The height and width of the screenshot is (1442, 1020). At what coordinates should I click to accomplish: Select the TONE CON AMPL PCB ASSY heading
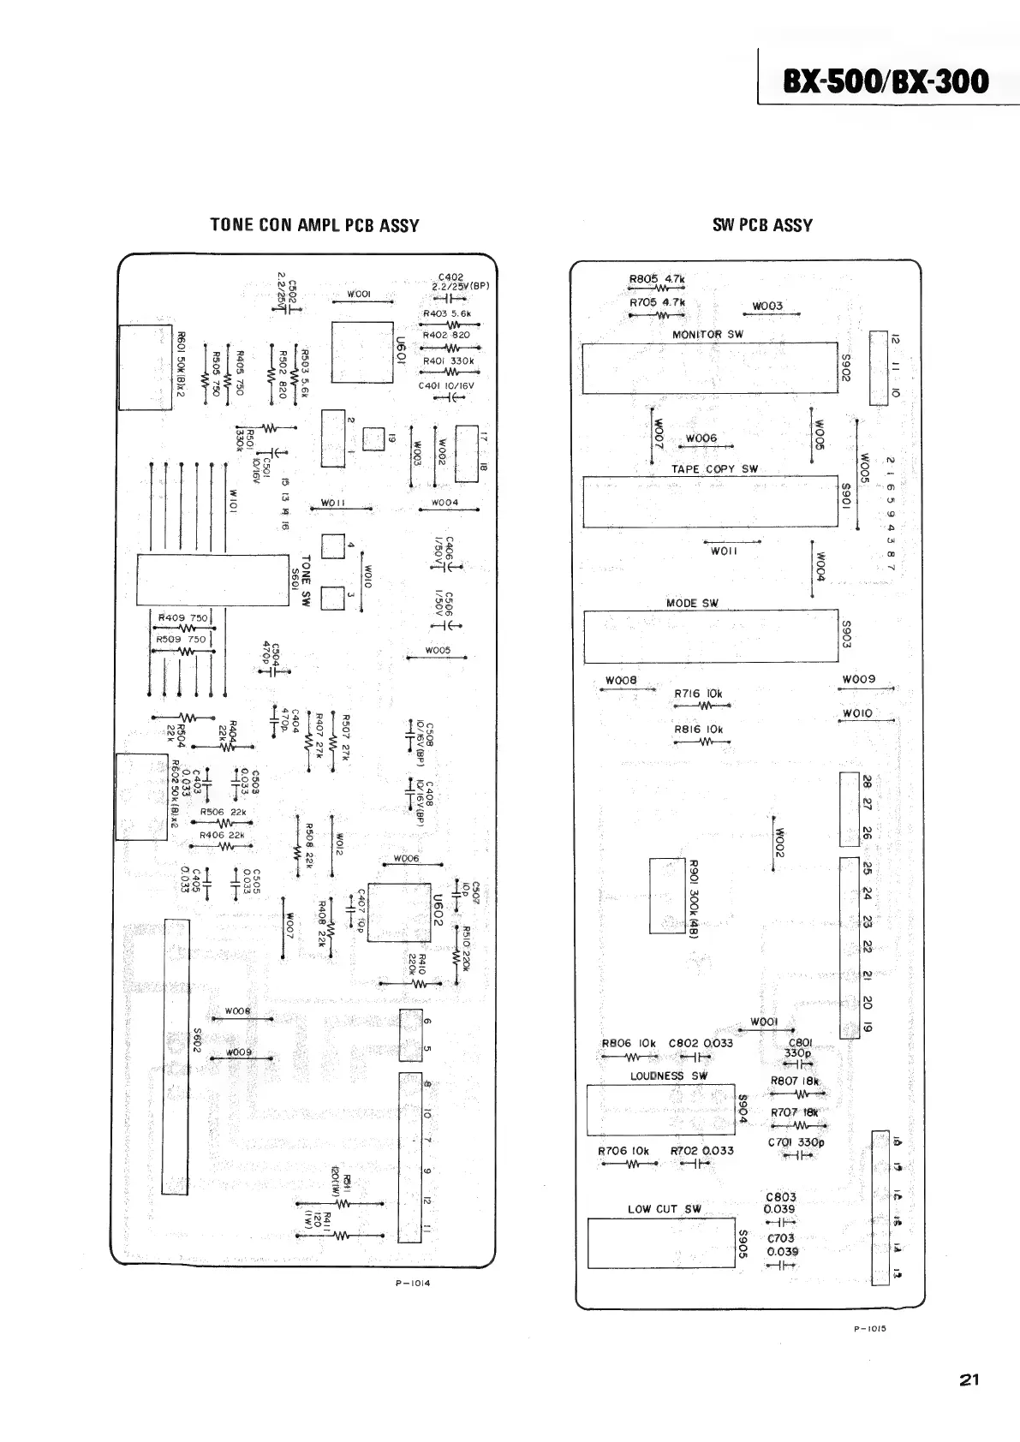[314, 225]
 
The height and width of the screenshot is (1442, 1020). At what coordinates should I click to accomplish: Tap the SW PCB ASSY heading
[762, 225]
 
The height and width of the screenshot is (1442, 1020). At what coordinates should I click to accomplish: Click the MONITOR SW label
[707, 335]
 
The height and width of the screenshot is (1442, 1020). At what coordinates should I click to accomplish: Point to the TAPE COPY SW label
[714, 469]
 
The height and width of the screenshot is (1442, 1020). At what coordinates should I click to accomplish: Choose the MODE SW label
[692, 603]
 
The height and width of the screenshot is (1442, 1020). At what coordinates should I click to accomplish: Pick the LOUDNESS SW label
[669, 1076]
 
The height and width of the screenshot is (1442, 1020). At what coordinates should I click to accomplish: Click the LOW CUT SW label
[664, 1209]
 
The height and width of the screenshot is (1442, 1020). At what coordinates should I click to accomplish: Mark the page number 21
[969, 1379]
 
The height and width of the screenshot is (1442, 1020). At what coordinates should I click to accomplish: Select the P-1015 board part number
[868, 1329]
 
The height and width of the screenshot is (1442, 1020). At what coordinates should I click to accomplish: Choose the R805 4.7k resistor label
[657, 278]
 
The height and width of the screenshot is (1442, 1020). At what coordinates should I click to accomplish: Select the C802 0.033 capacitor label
[701, 1043]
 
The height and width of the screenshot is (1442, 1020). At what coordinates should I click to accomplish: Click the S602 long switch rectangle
[176, 1057]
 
